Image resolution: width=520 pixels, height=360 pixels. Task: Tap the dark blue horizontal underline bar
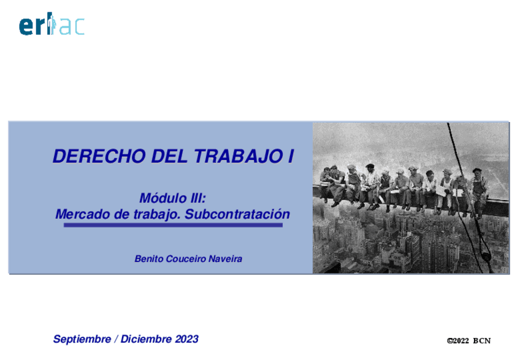(x=172, y=226)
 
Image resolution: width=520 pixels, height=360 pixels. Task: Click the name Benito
(x=148, y=259)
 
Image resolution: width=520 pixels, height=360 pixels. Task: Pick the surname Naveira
(x=225, y=259)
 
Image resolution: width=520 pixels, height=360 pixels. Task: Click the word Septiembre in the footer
(x=82, y=339)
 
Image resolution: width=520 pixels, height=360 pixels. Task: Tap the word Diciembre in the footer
(x=147, y=339)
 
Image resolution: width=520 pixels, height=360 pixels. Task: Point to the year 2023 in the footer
(x=186, y=339)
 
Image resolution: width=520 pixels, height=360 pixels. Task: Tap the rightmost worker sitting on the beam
(x=477, y=184)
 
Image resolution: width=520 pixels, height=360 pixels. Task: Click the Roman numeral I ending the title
(x=290, y=156)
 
